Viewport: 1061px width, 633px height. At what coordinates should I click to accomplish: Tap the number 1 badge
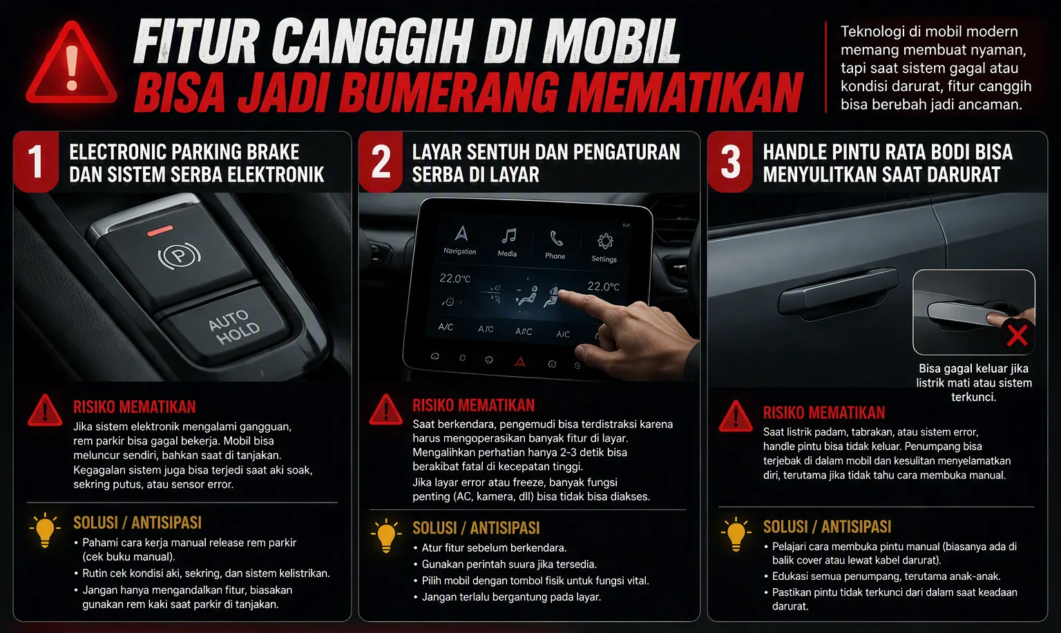(x=36, y=162)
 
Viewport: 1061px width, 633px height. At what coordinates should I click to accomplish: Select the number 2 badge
(x=381, y=162)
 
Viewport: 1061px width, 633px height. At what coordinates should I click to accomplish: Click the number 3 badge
(x=730, y=162)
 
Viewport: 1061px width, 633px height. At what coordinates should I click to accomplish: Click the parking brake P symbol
(x=179, y=255)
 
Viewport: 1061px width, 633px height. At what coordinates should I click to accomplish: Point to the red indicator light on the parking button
(x=160, y=231)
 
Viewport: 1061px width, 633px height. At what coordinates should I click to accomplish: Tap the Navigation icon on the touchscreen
(x=461, y=233)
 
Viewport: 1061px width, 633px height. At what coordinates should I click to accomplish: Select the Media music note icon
(x=508, y=236)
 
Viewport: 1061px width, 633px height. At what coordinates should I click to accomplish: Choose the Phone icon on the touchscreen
(x=556, y=238)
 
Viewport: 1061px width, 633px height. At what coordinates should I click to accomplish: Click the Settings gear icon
(x=605, y=241)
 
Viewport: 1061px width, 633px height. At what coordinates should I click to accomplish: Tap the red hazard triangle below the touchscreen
(x=519, y=362)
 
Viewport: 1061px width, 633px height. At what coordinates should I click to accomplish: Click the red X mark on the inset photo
(x=1017, y=335)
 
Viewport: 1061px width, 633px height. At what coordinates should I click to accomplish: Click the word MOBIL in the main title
(x=611, y=41)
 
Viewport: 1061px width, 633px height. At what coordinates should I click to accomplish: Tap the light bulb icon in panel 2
(x=386, y=536)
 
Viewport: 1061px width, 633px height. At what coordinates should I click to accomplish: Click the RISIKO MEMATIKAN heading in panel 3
(x=823, y=413)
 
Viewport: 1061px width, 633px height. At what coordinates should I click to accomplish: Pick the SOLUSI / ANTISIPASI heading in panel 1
(x=137, y=523)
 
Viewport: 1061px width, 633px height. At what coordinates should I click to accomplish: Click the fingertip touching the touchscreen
(x=564, y=295)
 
